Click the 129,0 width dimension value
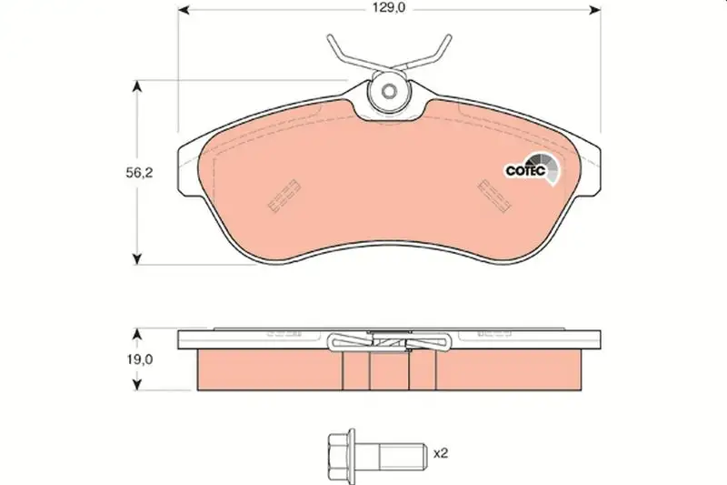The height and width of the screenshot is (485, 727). click(x=389, y=8)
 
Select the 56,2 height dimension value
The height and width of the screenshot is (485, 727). click(x=139, y=173)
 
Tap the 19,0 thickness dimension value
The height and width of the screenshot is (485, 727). click(x=140, y=359)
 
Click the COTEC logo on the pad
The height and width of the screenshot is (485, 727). click(x=533, y=169)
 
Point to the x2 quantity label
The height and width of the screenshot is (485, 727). click(x=441, y=453)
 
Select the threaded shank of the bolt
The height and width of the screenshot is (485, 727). click(x=402, y=452)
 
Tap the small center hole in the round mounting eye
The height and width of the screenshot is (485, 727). click(x=389, y=91)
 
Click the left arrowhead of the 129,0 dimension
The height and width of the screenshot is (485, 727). click(x=184, y=10)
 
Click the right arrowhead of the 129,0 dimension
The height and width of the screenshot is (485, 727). click(x=595, y=10)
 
